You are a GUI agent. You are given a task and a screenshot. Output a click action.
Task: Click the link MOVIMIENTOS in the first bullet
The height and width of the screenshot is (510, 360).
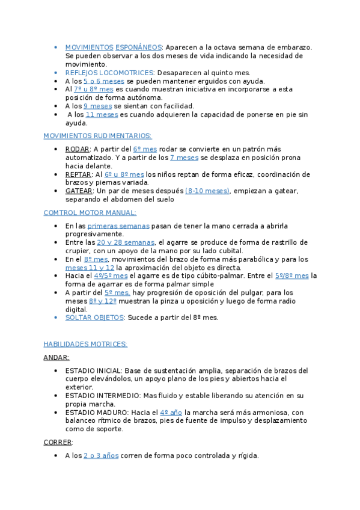[89, 47]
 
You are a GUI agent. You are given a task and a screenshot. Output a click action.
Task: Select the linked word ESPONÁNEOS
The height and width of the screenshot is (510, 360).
[138, 47]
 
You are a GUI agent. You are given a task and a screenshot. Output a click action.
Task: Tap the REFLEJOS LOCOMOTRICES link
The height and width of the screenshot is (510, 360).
[109, 72]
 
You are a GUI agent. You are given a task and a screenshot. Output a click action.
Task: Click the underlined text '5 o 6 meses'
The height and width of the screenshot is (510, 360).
[103, 81]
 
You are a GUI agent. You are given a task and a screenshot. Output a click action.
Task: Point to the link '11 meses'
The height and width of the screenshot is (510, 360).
[102, 114]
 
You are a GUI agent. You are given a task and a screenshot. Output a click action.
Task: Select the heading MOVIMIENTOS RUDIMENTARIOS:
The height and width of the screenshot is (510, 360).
[98, 136]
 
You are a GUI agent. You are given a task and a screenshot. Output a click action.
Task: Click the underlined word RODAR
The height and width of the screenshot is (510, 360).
[78, 149]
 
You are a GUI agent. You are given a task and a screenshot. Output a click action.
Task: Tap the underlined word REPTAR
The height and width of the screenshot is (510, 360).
[78, 174]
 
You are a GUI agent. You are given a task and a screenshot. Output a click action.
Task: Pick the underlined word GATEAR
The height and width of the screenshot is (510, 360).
[78, 191]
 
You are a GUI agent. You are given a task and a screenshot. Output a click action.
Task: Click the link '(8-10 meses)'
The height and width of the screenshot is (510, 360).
[207, 191]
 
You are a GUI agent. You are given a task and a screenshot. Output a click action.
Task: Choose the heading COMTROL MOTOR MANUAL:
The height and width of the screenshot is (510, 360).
[90, 212]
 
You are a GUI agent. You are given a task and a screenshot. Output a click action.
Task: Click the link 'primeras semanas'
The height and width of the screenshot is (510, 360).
[118, 226]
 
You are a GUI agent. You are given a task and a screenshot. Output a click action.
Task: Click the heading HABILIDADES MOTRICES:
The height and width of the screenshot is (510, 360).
[85, 344]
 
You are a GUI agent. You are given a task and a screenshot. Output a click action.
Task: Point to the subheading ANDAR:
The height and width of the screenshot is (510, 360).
[56, 357]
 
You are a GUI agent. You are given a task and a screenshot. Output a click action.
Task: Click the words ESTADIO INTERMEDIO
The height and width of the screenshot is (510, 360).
[102, 395]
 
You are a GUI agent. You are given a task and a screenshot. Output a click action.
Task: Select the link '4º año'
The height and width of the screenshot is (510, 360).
[171, 412]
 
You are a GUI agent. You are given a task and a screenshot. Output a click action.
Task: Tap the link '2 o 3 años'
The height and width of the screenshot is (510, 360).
[101, 455]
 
